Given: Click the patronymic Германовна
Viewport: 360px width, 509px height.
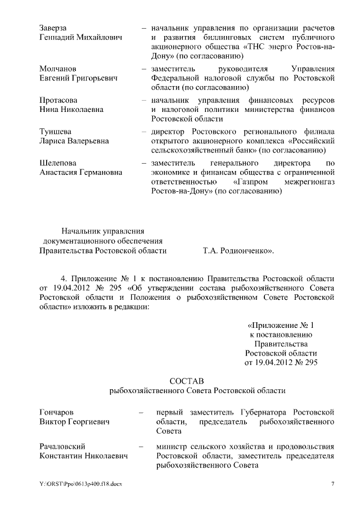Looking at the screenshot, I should click(x=101, y=172).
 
